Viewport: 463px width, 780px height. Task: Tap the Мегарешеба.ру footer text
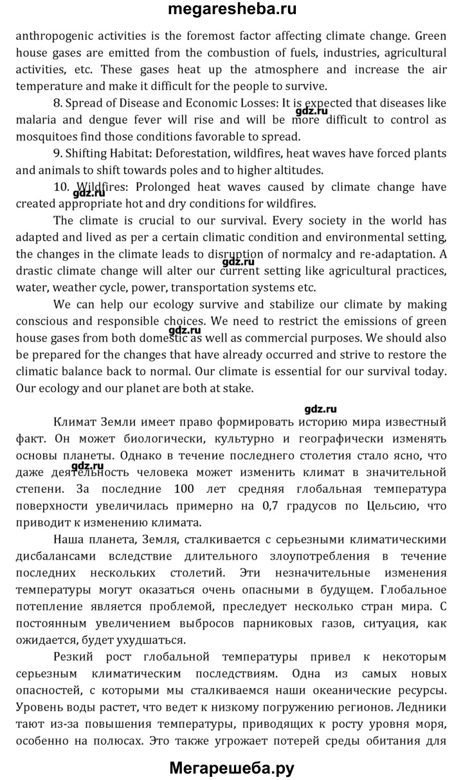click(232, 767)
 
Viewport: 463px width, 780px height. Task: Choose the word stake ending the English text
click(240, 387)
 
